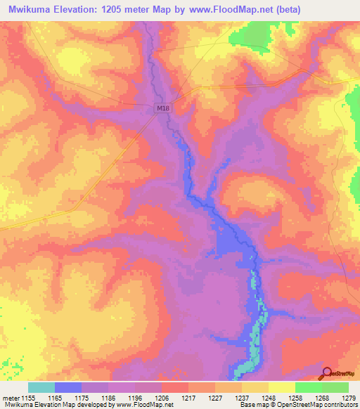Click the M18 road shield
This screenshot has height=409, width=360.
coord(162,108)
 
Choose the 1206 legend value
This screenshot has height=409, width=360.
coord(162,397)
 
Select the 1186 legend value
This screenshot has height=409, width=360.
coord(109,397)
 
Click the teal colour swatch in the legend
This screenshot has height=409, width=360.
coord(41,387)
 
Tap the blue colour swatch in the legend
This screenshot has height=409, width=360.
coord(68,387)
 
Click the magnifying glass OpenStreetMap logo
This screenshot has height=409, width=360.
coord(326,373)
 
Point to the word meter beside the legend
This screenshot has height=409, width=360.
coord(10,397)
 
